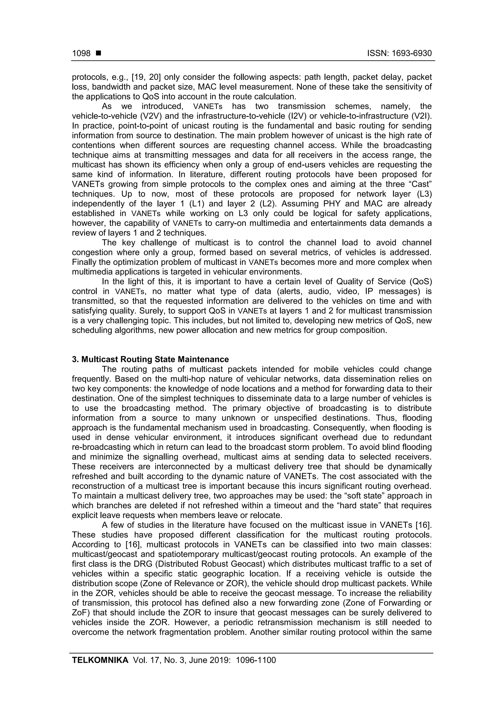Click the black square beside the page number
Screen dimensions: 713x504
pyautogui.click(x=99, y=53)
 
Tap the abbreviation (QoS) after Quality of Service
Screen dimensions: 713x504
pyautogui.click(x=421, y=282)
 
